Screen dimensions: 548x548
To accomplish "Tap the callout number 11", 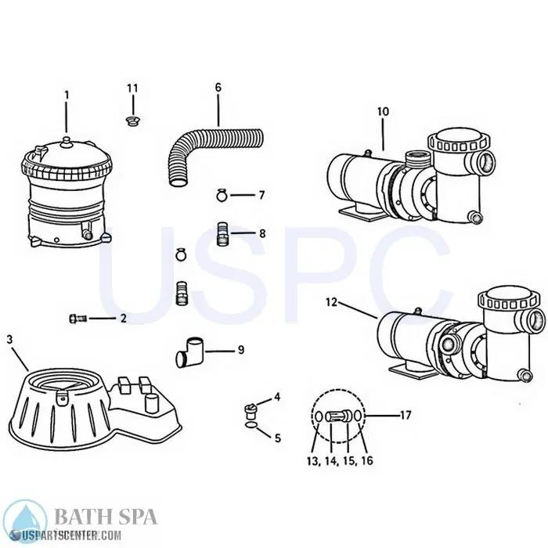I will [132, 87].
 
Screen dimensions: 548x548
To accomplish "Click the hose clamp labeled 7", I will [222, 194].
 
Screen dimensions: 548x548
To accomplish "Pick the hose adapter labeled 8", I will [222, 233].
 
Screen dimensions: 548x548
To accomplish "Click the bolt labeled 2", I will [78, 319].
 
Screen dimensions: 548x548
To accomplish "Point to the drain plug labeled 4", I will [250, 409].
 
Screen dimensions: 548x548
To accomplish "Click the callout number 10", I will [383, 112].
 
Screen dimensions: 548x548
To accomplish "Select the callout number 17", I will [406, 415].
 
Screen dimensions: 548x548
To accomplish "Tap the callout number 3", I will [9, 339].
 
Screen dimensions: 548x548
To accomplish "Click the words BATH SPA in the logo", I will [105, 517].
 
